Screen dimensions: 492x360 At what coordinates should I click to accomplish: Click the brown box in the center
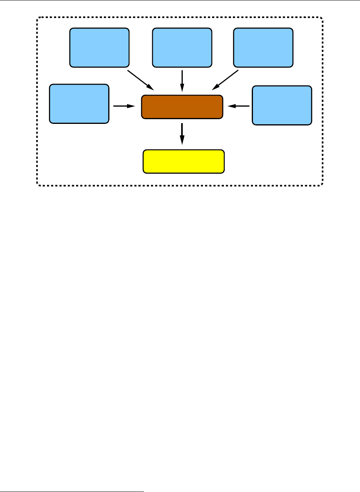[x=182, y=106]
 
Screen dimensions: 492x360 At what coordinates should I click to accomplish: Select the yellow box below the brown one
[x=184, y=161]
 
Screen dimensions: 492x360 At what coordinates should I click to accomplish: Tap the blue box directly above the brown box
[x=182, y=47]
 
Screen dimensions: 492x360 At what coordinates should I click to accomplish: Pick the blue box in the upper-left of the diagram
[x=99, y=47]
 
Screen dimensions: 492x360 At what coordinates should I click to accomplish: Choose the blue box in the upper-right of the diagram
[x=263, y=47]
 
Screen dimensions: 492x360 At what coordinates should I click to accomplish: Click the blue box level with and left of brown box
[x=79, y=104]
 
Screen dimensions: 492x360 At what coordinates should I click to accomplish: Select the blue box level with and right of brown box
[x=282, y=105]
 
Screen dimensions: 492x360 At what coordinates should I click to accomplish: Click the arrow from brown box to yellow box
[x=182, y=133]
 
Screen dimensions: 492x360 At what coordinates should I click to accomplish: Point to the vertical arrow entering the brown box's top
[x=182, y=80]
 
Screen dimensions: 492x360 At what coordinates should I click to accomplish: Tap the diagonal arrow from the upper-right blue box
[x=225, y=80]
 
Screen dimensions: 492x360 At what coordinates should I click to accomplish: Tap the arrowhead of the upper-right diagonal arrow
[x=216, y=87]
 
